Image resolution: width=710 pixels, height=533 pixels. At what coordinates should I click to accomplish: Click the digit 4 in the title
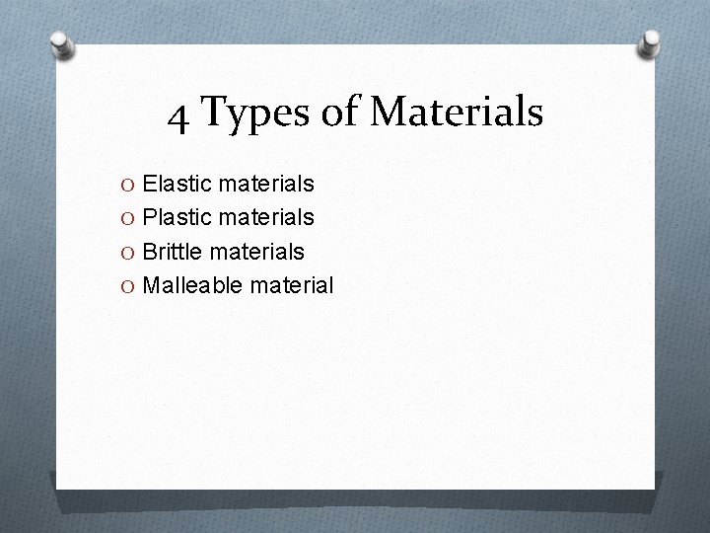pos(178,115)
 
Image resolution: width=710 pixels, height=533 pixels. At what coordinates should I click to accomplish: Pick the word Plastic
pos(179,216)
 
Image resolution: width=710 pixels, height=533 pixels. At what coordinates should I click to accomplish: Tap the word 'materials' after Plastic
pos(268,216)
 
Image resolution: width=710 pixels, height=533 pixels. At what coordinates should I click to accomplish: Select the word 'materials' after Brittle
pos(259,251)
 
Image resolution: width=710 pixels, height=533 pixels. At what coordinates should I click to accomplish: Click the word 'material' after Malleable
pos(292,285)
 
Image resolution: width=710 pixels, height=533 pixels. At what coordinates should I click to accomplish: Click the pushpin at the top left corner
pos(62,43)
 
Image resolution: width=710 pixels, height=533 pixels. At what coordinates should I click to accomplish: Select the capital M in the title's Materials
pos(387,113)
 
